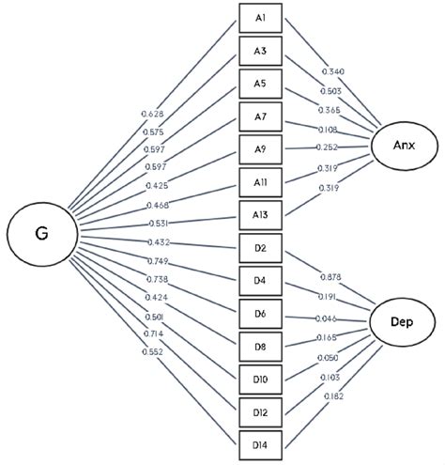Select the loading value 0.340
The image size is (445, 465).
(x=333, y=71)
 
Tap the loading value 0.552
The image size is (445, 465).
(x=151, y=350)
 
